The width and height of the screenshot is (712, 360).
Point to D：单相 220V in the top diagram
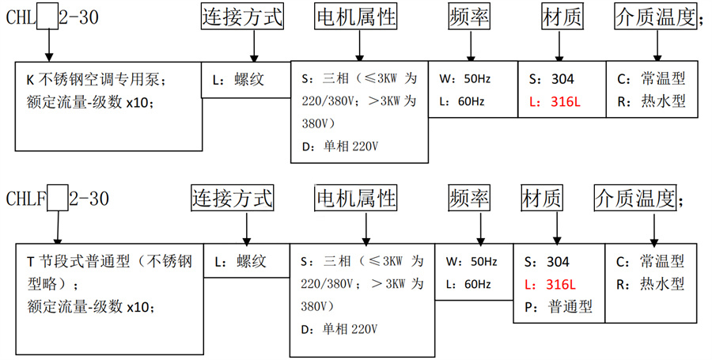tap(340, 146)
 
